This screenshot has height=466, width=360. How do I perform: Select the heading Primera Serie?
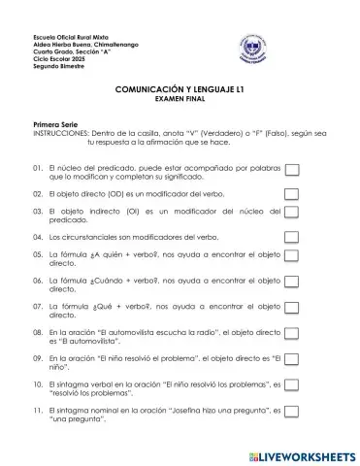tap(56, 125)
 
